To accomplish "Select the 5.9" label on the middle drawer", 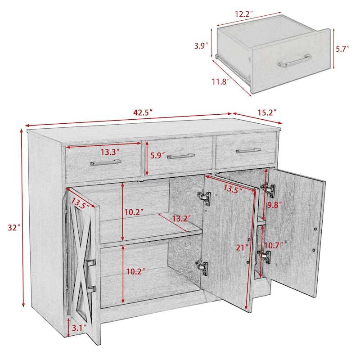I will coord(158,156).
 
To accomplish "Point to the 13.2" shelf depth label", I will coord(181,218).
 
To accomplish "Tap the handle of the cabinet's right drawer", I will coord(248,150).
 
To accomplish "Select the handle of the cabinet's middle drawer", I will coord(181,156).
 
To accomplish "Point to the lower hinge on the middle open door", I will coord(203,267).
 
